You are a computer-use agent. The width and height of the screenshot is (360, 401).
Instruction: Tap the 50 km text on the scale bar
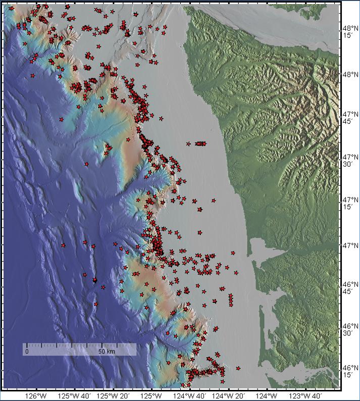pos(105,351)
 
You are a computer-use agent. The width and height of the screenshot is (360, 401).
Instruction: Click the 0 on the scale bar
pos(27,351)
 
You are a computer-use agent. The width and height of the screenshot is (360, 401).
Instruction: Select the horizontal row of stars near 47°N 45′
pos(200,143)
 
